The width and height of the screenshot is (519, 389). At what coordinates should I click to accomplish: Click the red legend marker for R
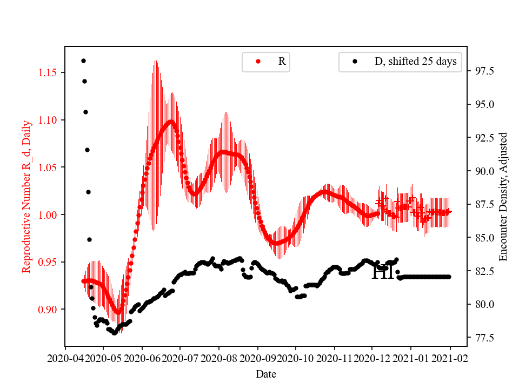tap(258, 62)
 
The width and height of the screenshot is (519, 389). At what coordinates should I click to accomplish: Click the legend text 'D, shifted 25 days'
tap(415, 62)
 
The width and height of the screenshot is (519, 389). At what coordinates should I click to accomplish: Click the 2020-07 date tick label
tap(180, 358)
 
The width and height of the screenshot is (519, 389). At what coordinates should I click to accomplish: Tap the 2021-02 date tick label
tap(450, 358)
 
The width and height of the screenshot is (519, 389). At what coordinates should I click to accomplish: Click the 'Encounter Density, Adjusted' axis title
tap(503, 197)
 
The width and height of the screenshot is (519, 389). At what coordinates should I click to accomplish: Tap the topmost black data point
tap(83, 61)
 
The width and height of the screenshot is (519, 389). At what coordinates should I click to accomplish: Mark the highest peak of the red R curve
tap(171, 122)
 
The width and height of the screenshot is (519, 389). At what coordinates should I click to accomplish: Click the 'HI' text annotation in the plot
tap(383, 272)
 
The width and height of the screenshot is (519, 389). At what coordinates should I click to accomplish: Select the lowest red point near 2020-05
tap(117, 312)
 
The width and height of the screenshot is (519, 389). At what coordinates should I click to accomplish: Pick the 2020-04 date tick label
tap(65, 358)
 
